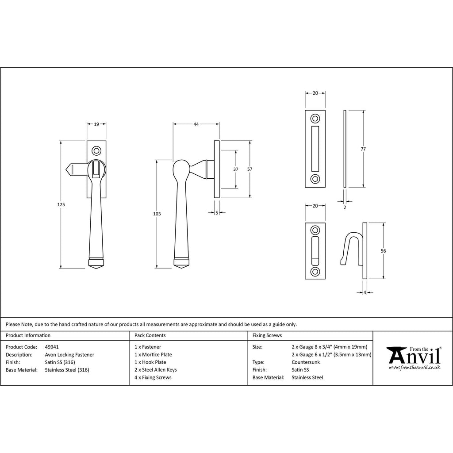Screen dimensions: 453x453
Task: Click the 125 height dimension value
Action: click(61, 204)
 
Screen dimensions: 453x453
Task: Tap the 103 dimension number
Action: click(157, 214)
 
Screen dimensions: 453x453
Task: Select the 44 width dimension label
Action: click(196, 124)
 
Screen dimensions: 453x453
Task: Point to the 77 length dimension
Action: click(363, 149)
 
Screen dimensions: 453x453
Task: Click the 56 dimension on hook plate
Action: click(383, 251)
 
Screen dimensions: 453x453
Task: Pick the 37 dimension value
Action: click(236, 169)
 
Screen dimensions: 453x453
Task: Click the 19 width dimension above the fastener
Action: click(96, 124)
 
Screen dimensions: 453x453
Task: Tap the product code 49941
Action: click(52, 347)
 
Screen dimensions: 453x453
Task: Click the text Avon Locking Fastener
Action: click(69, 355)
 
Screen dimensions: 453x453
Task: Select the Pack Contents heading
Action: click(150, 335)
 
